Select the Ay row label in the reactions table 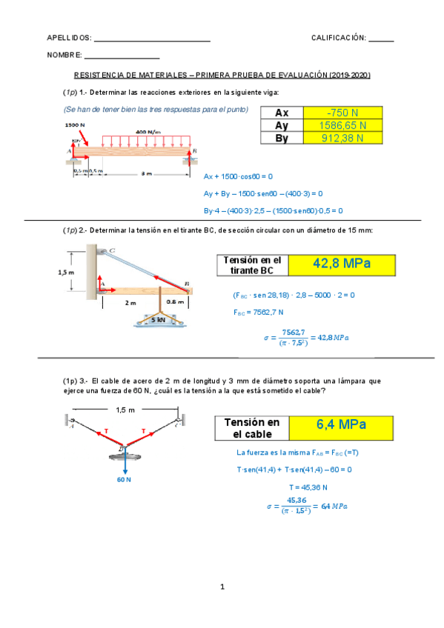pyautogui.click(x=281, y=125)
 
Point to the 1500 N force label pyautogui.click(x=74, y=125)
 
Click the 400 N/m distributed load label pyautogui.click(x=148, y=131)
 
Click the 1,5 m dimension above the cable pyautogui.click(x=125, y=410)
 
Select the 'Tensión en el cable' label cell pyautogui.click(x=252, y=427)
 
